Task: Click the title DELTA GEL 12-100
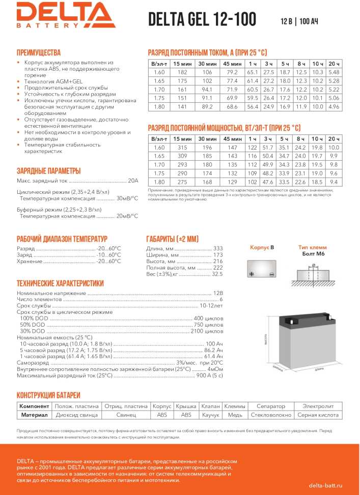202,19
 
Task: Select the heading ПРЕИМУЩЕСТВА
39,52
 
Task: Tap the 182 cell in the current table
182,73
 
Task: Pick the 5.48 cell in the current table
334,73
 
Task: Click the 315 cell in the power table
182,148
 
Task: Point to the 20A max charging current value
133,180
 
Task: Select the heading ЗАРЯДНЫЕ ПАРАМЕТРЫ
49,170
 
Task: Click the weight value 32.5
217,274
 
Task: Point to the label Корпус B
262,247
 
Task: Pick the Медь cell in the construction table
235,415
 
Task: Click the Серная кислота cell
318,415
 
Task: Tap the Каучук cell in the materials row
210,415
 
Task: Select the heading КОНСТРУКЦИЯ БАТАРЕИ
48,395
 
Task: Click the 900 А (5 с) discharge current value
210,375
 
